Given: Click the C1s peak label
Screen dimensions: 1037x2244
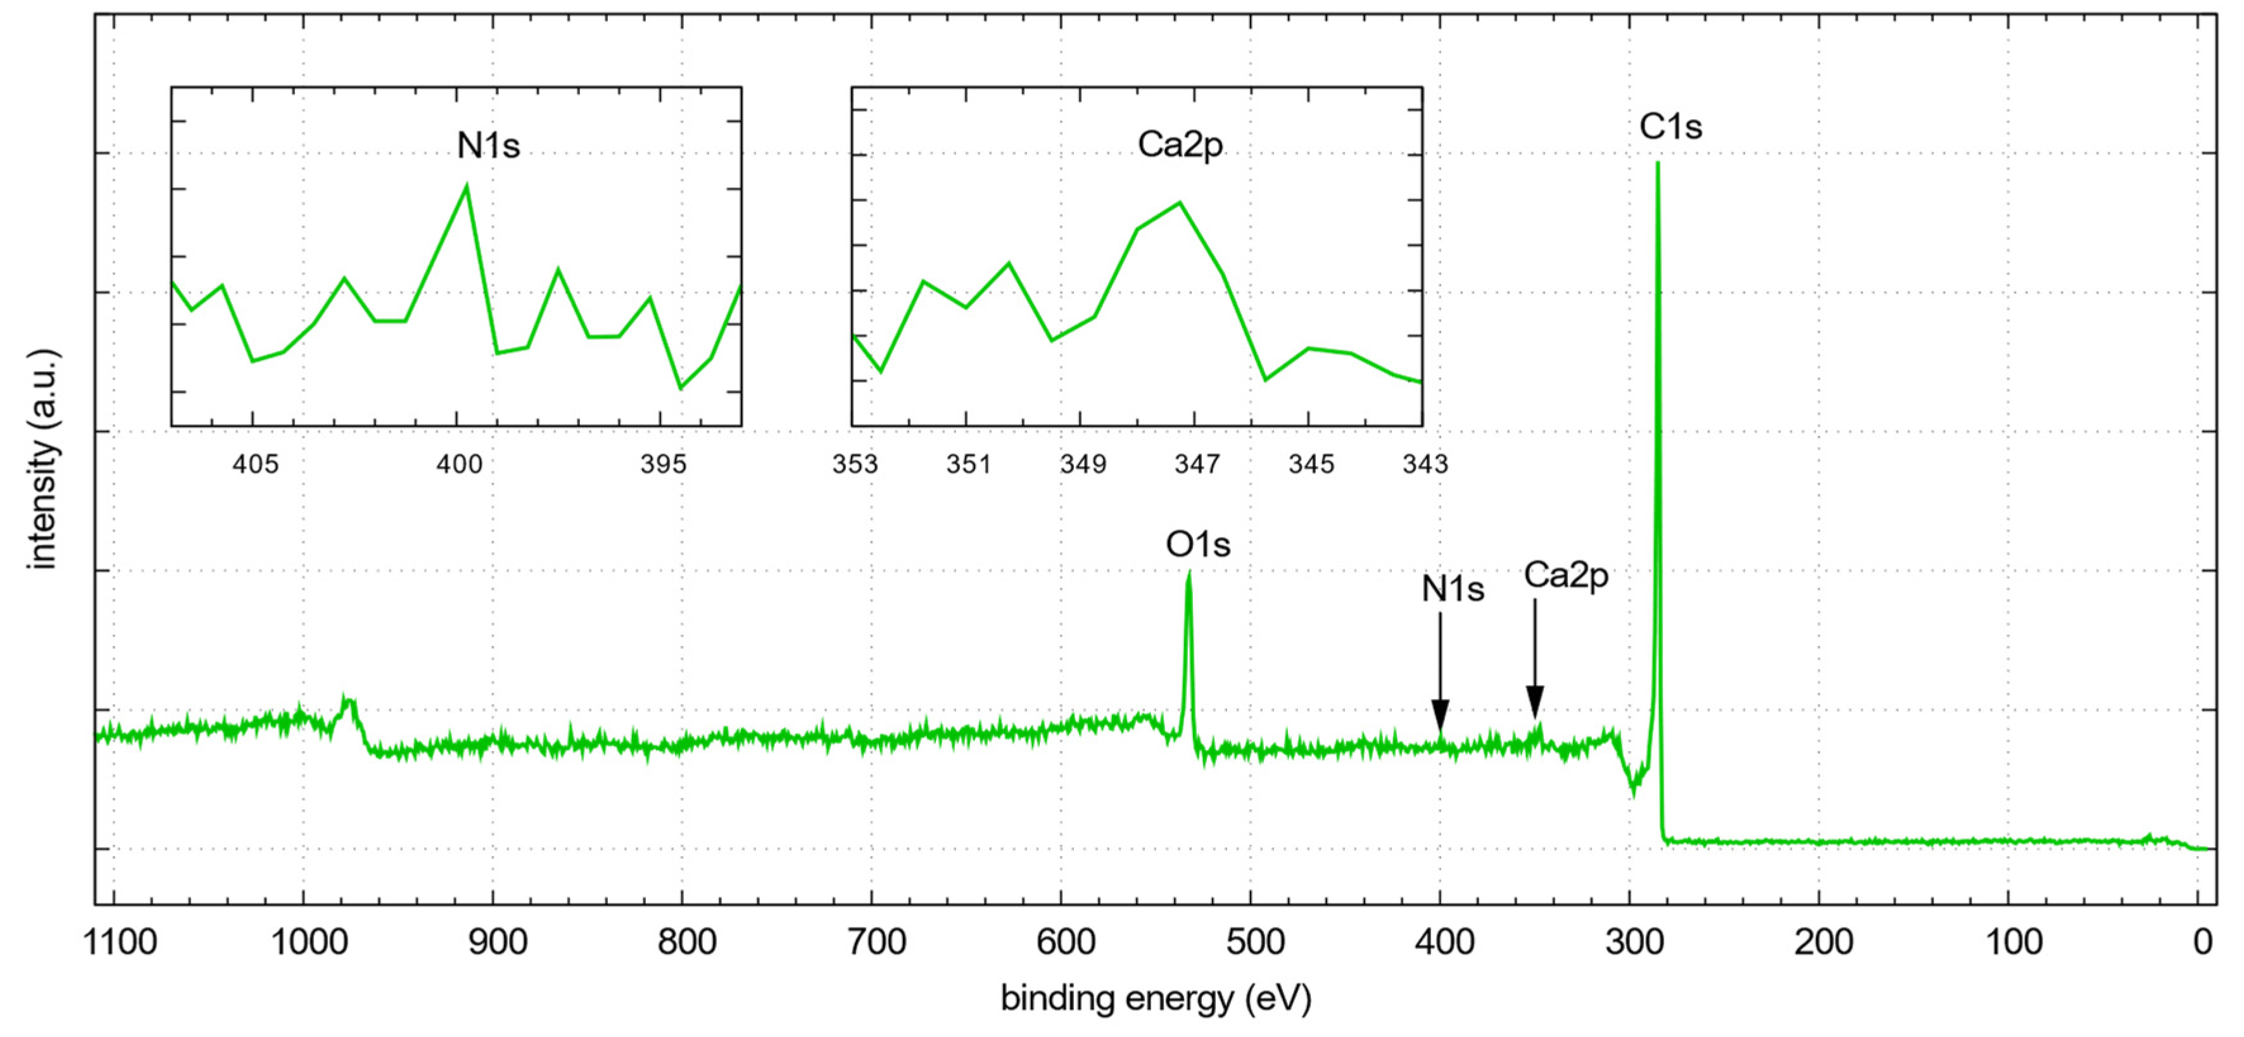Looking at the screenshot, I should (1669, 127).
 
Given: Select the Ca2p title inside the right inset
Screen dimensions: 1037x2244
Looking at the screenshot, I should (1180, 144).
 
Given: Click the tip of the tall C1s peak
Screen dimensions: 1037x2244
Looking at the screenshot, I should (1657, 164).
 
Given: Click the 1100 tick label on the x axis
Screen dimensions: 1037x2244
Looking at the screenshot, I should (120, 942).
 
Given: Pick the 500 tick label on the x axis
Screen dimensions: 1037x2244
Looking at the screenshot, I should (1254, 942).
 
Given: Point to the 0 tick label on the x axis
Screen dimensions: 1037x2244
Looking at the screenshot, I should (2202, 942).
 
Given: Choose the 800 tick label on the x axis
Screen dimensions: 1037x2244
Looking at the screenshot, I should (686, 942).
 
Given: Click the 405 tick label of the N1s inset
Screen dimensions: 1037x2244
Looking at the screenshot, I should (255, 464).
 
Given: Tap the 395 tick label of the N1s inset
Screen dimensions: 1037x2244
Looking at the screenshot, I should (663, 464).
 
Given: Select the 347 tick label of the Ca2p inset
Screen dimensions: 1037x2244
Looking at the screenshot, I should (1197, 464).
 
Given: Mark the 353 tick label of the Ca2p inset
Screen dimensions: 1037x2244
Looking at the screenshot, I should (855, 464).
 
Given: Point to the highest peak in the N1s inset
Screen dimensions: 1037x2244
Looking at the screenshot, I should (467, 185).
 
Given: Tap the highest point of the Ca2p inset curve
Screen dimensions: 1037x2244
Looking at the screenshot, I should (1180, 203).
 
